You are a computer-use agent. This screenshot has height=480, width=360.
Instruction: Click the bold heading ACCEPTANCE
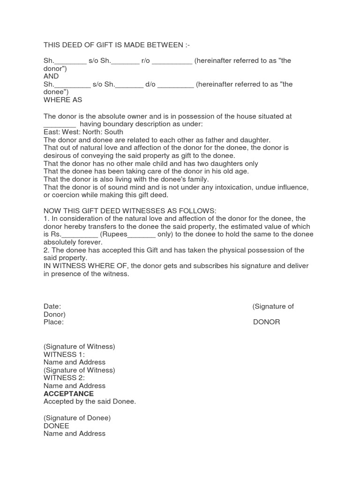click(68, 394)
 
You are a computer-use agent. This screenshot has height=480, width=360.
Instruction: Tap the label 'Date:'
click(52, 307)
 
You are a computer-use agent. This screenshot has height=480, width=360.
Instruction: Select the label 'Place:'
click(53, 322)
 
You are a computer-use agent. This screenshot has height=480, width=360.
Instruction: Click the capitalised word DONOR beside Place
click(266, 322)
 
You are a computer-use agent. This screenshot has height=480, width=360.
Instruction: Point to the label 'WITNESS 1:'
click(64, 354)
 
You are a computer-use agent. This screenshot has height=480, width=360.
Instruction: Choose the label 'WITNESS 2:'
click(64, 378)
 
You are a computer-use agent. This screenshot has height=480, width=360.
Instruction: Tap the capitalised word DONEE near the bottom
click(56, 426)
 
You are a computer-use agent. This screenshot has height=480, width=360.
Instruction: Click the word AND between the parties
click(51, 76)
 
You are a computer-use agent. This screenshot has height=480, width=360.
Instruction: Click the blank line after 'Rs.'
click(79, 234)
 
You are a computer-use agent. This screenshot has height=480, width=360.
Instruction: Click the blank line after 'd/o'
click(176, 85)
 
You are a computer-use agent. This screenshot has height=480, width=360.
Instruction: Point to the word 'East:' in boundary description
click(52, 132)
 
